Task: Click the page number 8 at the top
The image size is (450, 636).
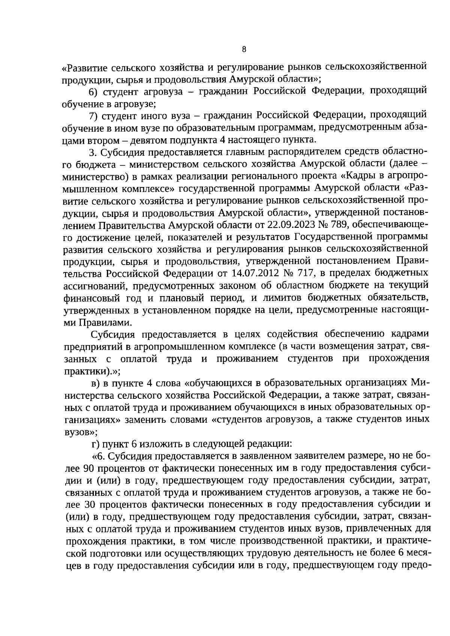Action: tap(244, 49)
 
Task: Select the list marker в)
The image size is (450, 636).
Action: tap(96, 383)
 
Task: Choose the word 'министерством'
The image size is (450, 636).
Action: tap(134, 165)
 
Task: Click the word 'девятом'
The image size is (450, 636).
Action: tap(148, 141)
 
